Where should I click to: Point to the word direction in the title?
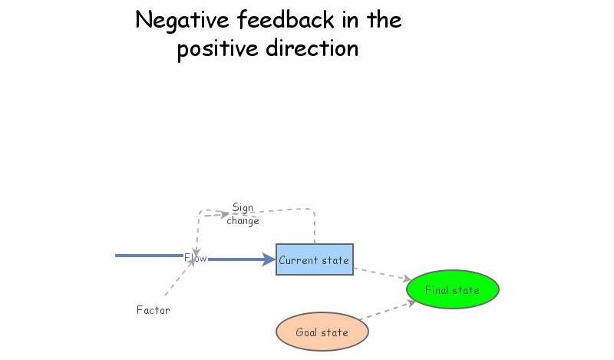coord(313,49)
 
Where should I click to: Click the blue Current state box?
coord(314,260)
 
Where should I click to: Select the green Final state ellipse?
coord(452,290)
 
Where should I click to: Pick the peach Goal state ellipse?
coord(322,332)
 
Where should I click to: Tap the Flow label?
coord(196,259)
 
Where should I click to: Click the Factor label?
coord(153,310)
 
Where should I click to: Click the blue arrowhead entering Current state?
coord(268,259)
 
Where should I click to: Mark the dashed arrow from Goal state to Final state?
coord(388,310)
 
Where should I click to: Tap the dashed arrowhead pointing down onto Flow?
coord(196,251)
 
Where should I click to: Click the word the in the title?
coord(384,21)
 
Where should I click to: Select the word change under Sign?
coord(243,221)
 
